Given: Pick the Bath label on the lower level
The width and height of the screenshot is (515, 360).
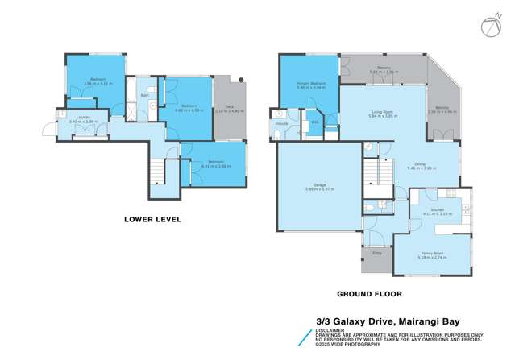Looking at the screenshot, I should click(x=144, y=96).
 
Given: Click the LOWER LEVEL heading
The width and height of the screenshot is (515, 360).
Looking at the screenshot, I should click(x=152, y=219).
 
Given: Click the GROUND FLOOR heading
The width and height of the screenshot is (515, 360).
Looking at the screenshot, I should click(x=370, y=294).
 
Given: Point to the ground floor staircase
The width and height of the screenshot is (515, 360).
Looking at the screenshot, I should click(x=376, y=173).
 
